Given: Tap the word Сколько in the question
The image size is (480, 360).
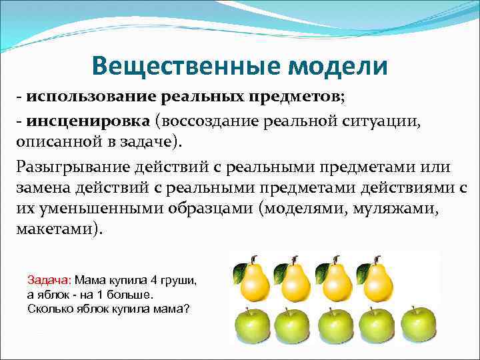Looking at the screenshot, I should pyautogui.click(x=49, y=308).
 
